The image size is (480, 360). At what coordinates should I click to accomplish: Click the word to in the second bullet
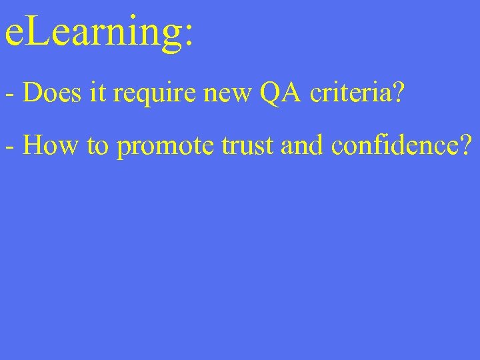(x=97, y=145)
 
